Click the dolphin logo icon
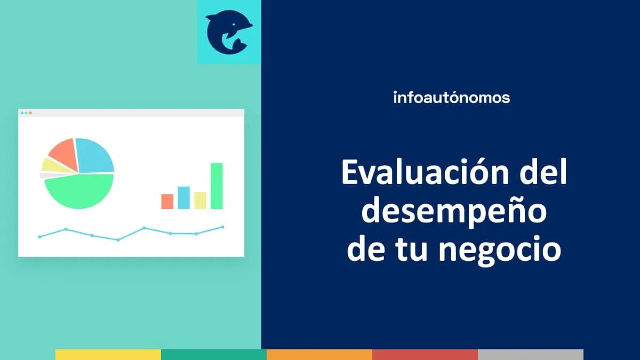point(229,32)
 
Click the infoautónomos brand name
point(451,98)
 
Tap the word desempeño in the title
point(454,212)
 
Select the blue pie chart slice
point(95,155)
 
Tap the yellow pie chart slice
point(52,165)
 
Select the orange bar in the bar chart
point(167,201)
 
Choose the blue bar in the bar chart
point(183,197)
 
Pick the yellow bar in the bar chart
point(200,200)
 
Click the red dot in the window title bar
point(30,113)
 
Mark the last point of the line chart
point(222,227)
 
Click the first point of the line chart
point(39,236)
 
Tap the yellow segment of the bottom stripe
point(108,355)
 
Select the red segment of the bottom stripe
point(425,355)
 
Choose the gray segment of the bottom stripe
point(531,355)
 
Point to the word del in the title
point(544,174)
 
